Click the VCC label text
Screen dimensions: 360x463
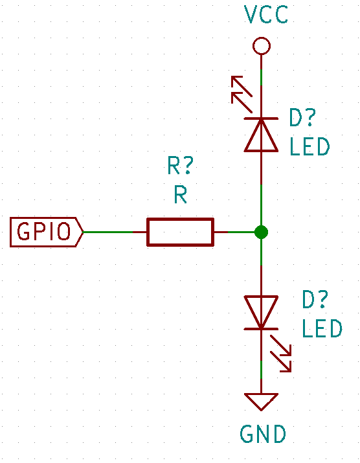pos(266,14)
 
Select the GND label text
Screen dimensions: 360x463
pos(263,434)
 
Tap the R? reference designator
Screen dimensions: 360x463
pos(181,166)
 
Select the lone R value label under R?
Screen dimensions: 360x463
pos(181,195)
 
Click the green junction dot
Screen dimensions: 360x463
pos(261,232)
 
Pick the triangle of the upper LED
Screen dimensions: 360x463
pos(261,135)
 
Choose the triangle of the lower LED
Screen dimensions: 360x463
pos(261,312)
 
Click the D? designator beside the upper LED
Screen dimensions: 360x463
pos(302,117)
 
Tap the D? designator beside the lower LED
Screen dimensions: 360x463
pos(315,299)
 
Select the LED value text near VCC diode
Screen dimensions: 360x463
pos(309,146)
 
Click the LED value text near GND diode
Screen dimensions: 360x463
pos(322,328)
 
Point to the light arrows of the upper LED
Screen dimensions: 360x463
pos(242,95)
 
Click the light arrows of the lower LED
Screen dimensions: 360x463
pos(281,354)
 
